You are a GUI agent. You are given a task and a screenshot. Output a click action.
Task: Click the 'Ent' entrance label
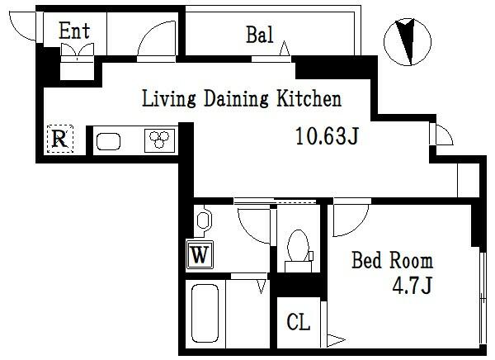(74, 31)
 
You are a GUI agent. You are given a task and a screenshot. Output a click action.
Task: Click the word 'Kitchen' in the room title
(308, 100)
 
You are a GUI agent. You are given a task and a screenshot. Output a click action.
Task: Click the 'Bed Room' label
(392, 262)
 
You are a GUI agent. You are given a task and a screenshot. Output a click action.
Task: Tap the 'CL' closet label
(299, 322)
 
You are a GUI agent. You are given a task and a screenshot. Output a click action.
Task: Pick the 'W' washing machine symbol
(199, 255)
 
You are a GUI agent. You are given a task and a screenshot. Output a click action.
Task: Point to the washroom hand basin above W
(203, 221)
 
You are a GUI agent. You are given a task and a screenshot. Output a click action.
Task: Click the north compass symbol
(407, 40)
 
